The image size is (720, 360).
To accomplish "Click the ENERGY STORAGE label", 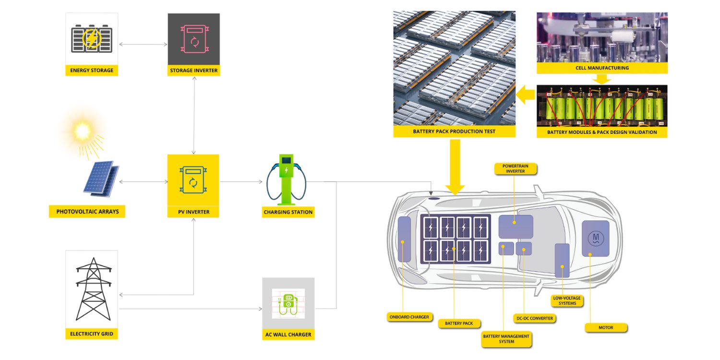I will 92,70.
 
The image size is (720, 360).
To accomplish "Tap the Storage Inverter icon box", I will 194,39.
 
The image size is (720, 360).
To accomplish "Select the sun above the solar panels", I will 82,131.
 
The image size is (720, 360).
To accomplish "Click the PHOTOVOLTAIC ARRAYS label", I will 87,211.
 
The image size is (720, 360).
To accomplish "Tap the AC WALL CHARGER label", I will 288,334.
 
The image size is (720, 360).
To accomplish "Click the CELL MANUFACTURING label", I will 602,68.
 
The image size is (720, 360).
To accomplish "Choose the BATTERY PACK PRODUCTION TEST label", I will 454,131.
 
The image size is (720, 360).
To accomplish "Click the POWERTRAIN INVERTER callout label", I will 515,168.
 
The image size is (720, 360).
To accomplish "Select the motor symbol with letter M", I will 596,238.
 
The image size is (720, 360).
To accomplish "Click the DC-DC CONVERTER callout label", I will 535,318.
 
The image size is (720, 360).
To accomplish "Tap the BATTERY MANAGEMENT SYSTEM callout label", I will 506,339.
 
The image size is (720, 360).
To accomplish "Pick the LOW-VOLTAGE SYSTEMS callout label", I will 567,300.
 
